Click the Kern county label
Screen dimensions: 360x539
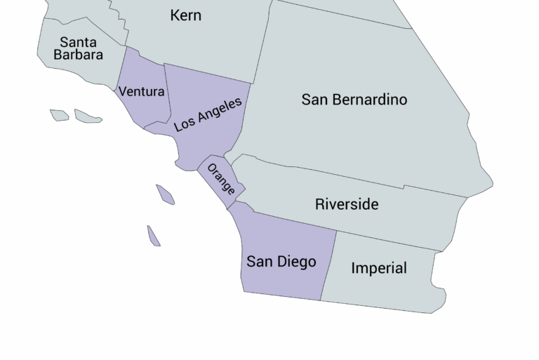[x=185, y=15]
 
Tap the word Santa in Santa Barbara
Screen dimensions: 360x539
[x=78, y=42]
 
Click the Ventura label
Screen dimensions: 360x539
[x=141, y=91]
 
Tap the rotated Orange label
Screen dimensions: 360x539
[x=220, y=179]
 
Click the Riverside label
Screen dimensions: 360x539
[x=346, y=204]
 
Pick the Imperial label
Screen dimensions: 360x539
[x=378, y=268]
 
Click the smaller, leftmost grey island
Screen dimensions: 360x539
[x=59, y=114]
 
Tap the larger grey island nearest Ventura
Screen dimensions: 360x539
[x=88, y=116]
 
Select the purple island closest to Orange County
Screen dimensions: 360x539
[x=165, y=194]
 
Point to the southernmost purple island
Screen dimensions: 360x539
[x=154, y=236]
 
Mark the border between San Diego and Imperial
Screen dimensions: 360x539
[x=328, y=267]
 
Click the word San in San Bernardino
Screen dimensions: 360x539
[x=315, y=100]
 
